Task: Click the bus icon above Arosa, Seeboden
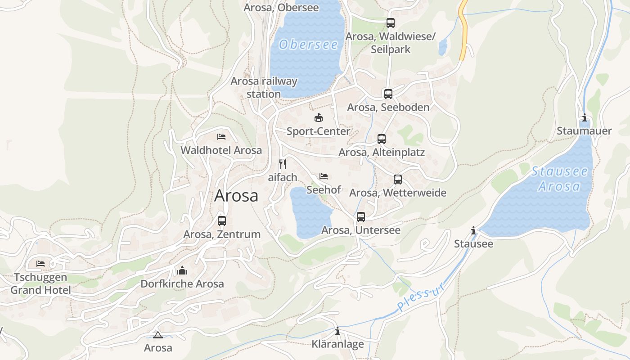point(388,94)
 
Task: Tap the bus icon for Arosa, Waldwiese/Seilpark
point(390,22)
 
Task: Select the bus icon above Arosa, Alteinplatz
point(382,139)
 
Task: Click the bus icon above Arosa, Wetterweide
point(397,180)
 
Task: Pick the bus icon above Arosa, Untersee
point(360,217)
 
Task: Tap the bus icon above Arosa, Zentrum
point(221,220)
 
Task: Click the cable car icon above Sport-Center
point(319,118)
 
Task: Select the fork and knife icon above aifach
point(283,164)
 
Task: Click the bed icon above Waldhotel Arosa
point(221,137)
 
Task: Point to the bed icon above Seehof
point(324,176)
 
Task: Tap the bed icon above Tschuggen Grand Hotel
point(40,264)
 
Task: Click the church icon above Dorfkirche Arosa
point(182,270)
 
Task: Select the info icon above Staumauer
point(584,118)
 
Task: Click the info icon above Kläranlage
point(337,332)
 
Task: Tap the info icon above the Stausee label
point(473,231)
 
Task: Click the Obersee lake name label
point(308,45)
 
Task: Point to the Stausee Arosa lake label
point(559,179)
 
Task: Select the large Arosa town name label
point(236,196)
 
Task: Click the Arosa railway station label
point(264,88)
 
